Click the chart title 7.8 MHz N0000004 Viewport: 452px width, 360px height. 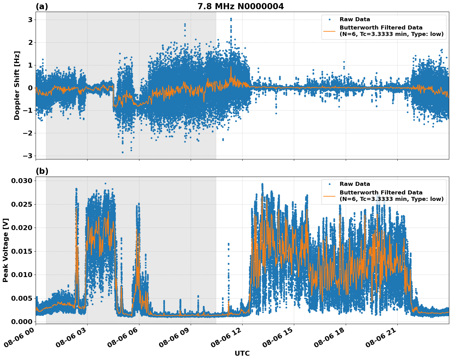(240, 6)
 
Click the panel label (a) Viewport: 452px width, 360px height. (42, 6)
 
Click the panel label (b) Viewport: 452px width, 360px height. (42, 171)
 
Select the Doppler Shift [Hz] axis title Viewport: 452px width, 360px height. (17, 85)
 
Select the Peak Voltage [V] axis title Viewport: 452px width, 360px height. (6, 250)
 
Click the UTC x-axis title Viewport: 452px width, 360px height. (242, 353)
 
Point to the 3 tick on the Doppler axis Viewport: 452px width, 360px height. (30, 20)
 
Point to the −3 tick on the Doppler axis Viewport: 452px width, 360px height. (28, 156)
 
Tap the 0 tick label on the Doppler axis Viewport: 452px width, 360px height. (30, 88)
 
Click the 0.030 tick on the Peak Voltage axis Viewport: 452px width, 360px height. (21, 181)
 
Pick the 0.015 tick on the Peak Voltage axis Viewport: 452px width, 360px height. (21, 251)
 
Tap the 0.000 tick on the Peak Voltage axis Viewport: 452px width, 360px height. (21, 322)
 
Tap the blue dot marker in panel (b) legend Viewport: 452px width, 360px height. (329, 184)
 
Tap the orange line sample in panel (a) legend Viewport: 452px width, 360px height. (329, 31)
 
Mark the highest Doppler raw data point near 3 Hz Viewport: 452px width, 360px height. (231, 19)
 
